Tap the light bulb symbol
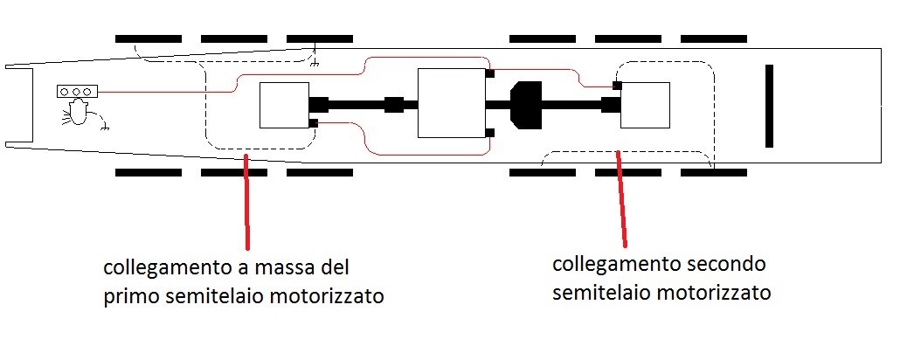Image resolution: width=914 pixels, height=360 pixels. [79, 112]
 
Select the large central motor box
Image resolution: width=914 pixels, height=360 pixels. [451, 102]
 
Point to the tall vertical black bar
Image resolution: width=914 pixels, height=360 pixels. [770, 105]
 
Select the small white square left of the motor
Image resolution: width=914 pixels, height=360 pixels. [284, 105]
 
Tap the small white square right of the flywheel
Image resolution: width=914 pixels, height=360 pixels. [645, 105]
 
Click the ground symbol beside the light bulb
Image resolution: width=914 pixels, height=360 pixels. [106, 128]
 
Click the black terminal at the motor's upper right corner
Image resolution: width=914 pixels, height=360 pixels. [490, 73]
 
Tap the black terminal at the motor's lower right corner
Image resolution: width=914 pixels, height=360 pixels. [490, 133]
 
